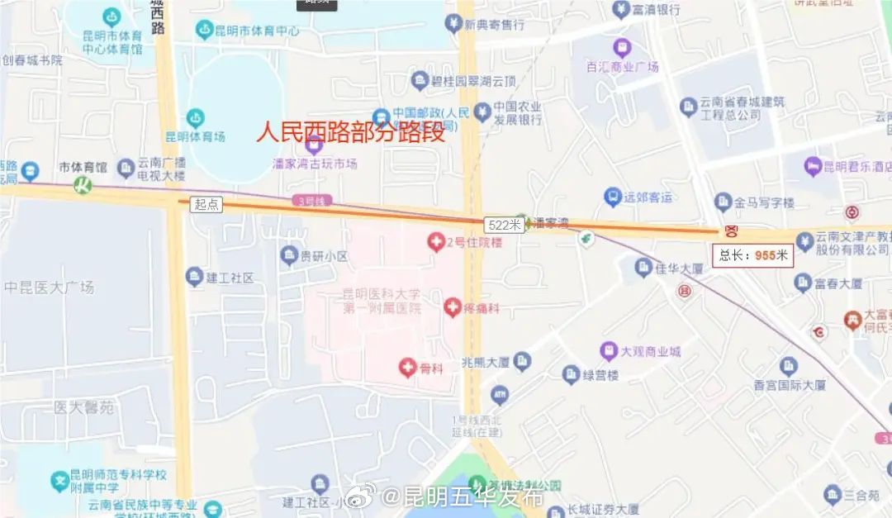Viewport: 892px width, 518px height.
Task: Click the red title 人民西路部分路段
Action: (351, 132)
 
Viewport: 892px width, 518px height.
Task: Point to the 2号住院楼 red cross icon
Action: (435, 242)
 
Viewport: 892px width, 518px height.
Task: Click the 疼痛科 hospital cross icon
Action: (453, 308)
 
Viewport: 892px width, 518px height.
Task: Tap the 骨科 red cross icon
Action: (407, 368)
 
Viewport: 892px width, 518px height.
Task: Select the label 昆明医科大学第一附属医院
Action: (382, 301)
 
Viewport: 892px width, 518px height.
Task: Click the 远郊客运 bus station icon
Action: (613, 197)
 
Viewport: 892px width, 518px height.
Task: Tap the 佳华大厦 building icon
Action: (643, 267)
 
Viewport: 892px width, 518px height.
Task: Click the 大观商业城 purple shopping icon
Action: (609, 351)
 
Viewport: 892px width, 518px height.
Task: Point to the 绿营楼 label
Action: (601, 375)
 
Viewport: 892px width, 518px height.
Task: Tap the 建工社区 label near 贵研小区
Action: (230, 278)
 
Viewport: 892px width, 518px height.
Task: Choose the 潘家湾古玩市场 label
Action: (315, 164)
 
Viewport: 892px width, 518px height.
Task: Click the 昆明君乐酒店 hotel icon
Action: (812, 166)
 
